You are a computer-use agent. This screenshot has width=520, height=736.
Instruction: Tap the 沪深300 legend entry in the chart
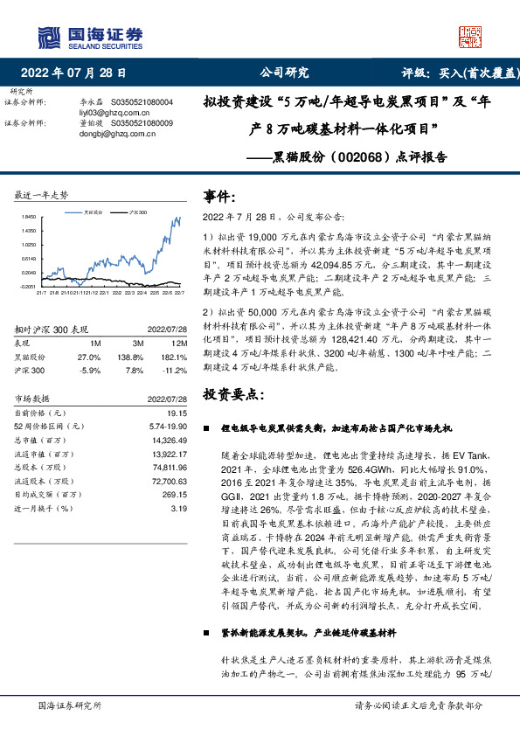pyautogui.click(x=136, y=212)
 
